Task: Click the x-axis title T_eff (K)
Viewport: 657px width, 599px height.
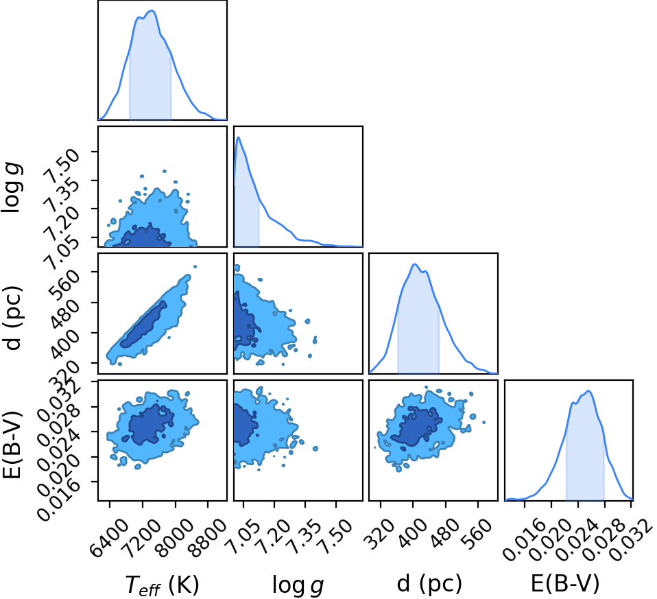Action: (x=162, y=584)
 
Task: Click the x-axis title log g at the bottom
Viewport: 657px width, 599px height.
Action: (x=298, y=585)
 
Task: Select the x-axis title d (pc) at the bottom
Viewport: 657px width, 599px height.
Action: (x=429, y=583)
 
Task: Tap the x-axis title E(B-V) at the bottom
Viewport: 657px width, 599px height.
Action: (x=565, y=583)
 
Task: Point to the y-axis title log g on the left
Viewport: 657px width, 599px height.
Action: (x=12, y=187)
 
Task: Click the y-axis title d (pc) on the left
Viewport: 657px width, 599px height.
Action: (x=12, y=318)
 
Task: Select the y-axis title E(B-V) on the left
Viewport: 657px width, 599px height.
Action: (x=12, y=445)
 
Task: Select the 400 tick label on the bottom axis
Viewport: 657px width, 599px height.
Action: (x=413, y=532)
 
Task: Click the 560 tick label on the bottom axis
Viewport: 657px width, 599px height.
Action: (x=478, y=532)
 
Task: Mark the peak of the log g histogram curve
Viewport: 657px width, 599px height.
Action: (x=239, y=137)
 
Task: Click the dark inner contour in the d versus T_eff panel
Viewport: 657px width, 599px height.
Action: (x=143, y=325)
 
